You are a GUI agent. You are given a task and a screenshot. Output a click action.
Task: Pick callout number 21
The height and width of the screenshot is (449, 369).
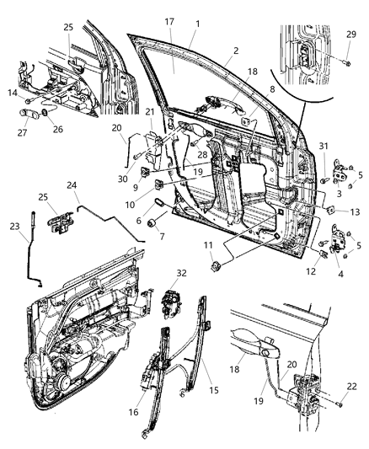(x=150, y=112)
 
